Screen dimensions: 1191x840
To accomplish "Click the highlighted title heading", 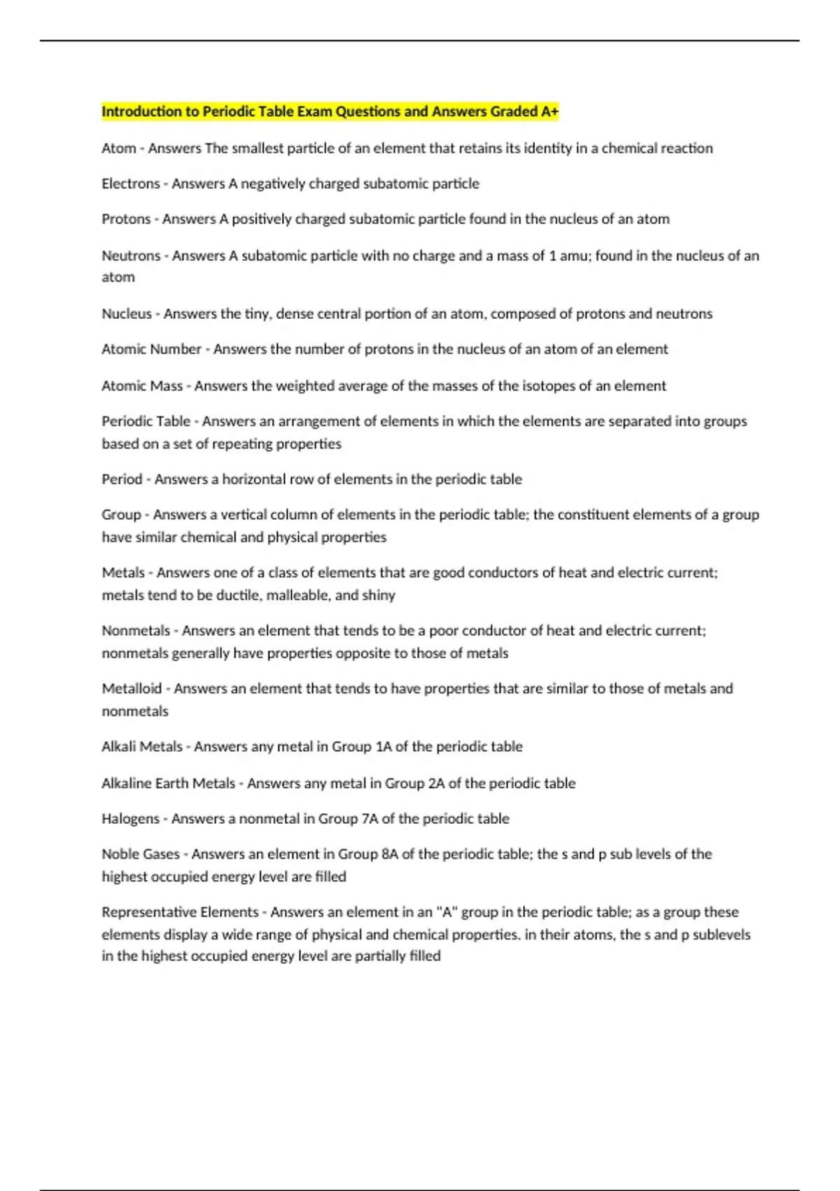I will tap(330, 111).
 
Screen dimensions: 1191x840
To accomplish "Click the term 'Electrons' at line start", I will tap(131, 184).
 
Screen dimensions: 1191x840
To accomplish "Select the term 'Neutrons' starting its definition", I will tap(131, 256).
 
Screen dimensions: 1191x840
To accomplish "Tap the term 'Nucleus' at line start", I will tap(127, 314).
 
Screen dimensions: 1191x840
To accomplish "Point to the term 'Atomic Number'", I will tap(151, 349).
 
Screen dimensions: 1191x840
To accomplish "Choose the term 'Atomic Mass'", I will tap(142, 385).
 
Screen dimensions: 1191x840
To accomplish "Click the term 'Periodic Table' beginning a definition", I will tap(146, 421).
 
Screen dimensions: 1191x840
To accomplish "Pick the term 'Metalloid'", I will tap(132, 688).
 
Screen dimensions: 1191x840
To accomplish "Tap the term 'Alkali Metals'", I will tap(142, 746).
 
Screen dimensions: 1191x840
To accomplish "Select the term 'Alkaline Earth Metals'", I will tap(168, 783).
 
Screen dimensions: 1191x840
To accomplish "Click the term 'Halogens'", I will tap(130, 818).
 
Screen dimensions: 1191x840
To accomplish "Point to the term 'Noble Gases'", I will tap(141, 854).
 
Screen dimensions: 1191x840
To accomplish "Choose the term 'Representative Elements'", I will tap(180, 911).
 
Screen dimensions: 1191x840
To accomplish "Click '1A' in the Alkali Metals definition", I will tap(384, 746).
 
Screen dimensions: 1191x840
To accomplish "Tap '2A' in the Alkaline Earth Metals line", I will tap(436, 783).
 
